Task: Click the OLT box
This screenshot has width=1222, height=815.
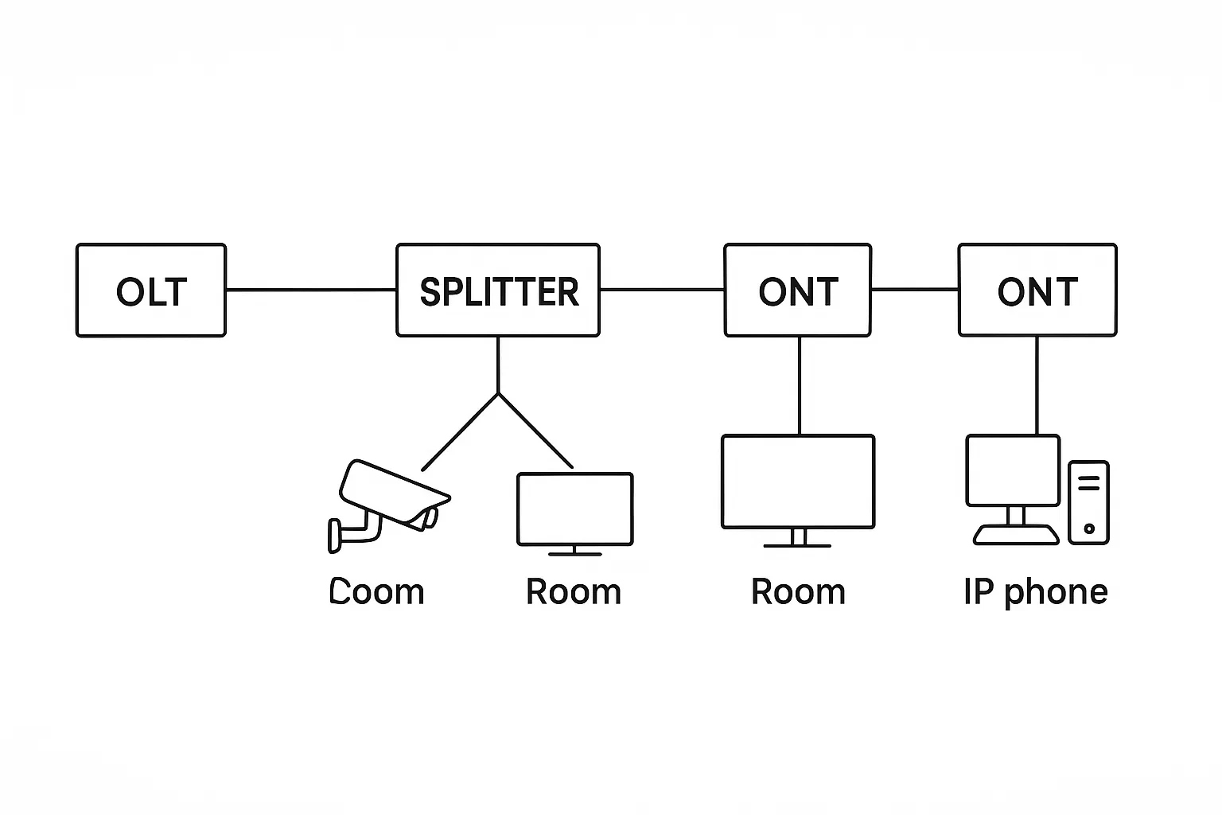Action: pos(151,291)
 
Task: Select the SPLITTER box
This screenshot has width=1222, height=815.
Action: pos(498,291)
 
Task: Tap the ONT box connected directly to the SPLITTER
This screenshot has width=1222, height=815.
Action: pos(798,291)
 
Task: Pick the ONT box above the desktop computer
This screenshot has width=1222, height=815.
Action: pos(1037,291)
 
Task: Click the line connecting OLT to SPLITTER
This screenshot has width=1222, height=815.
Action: pos(311,290)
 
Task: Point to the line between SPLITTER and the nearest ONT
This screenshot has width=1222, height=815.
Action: pos(662,290)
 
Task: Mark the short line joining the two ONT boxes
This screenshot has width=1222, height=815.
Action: pos(915,289)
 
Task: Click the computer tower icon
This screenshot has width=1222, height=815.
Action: pos(1088,502)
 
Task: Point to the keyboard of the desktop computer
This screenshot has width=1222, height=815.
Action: pos(1017,535)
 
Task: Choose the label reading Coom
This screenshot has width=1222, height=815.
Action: pos(377,592)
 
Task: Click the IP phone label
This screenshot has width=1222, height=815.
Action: pos(1035,592)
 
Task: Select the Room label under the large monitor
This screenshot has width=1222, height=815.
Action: pos(798,592)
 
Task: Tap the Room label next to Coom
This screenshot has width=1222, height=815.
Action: pos(574,592)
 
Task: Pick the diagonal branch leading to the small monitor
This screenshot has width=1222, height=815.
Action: pos(535,431)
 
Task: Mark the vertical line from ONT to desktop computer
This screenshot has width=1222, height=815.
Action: pos(1037,385)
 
